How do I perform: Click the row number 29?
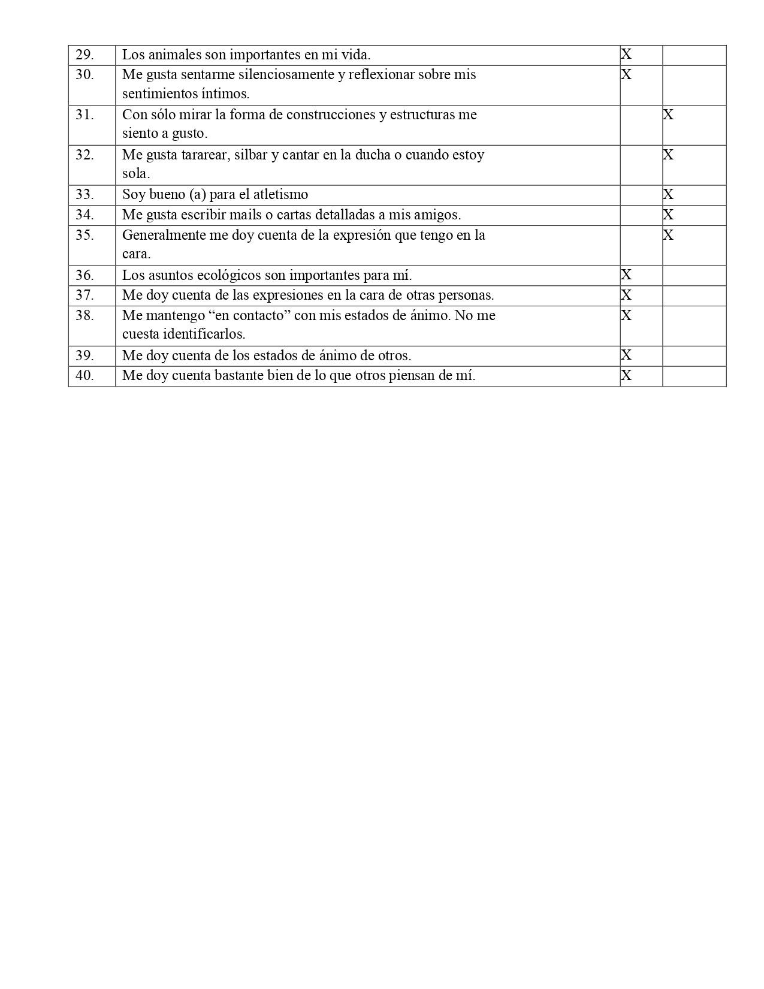84,55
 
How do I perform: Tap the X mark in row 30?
626,75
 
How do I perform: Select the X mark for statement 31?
668,114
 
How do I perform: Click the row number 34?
84,215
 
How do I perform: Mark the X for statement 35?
668,235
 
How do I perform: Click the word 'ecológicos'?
229,275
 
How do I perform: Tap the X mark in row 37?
626,295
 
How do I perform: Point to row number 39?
84,355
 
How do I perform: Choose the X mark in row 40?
626,375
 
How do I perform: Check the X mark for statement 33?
668,194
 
